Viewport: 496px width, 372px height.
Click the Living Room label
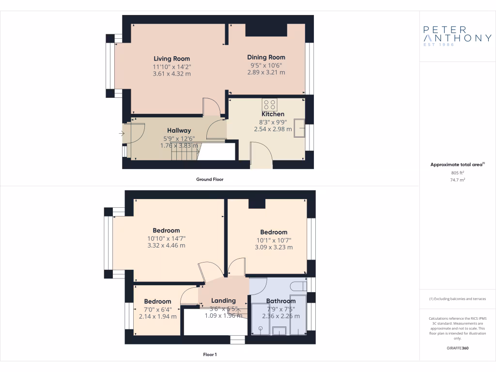(171, 59)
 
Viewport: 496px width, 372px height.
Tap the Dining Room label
(266, 57)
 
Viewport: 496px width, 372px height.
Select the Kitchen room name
(273, 114)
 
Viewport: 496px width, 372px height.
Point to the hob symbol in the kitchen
(270, 105)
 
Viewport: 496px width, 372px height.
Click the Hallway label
(179, 130)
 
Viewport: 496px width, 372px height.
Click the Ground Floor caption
(209, 179)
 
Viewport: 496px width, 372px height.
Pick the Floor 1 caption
(210, 355)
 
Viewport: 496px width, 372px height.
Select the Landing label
(223, 300)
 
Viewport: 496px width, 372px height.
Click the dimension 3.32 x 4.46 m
(166, 246)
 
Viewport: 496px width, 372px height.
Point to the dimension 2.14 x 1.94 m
(157, 316)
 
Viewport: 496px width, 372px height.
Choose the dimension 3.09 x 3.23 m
(274, 247)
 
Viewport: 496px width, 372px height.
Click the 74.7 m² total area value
(457, 179)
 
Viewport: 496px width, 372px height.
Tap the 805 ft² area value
(457, 172)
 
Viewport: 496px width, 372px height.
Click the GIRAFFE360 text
(457, 348)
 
